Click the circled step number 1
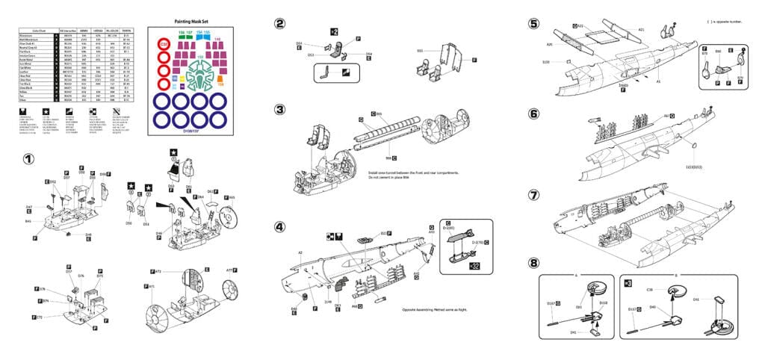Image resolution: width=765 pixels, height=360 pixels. pyautogui.click(x=28, y=159)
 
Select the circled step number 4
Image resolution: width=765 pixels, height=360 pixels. pyautogui.click(x=279, y=227)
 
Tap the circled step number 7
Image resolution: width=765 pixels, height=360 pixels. pyautogui.click(x=533, y=195)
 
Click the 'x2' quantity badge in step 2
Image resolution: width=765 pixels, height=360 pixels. pyautogui.click(x=335, y=31)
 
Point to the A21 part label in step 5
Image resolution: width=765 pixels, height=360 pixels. pyautogui.click(x=641, y=30)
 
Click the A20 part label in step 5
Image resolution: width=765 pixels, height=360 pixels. pyautogui.click(x=550, y=44)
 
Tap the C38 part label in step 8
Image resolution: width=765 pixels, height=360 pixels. pyautogui.click(x=649, y=289)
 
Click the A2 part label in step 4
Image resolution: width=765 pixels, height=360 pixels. pyautogui.click(x=300, y=252)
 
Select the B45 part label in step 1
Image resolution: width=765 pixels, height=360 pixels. pyautogui.click(x=28, y=221)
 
